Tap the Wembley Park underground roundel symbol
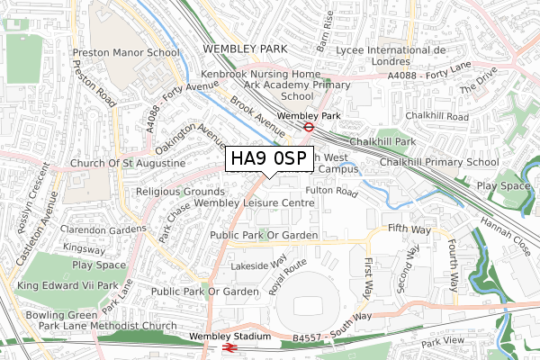tap(308, 127)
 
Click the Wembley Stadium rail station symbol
tap(230, 346)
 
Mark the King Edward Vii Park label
tap(67, 285)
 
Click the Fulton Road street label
tap(332, 191)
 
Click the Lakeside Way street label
tap(259, 265)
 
